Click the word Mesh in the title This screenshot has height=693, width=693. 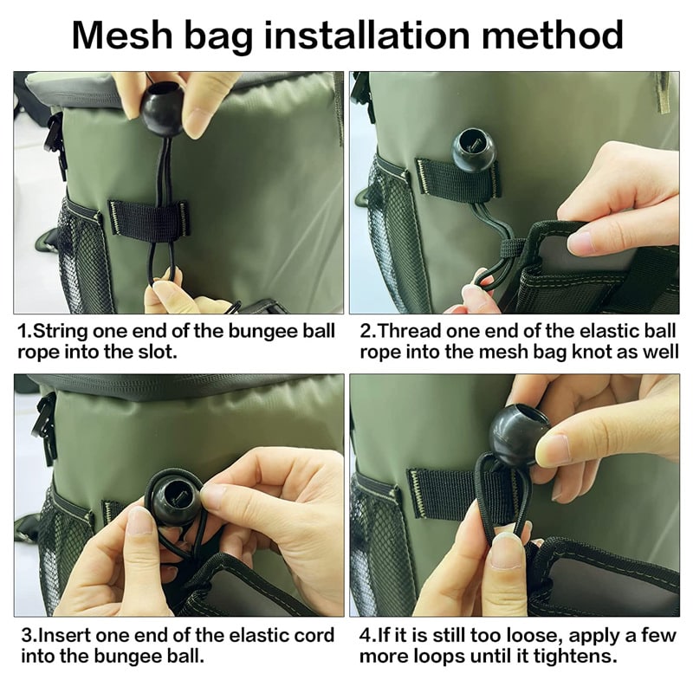(122, 35)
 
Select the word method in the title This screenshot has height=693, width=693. (553, 35)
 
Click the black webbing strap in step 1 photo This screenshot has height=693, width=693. (149, 220)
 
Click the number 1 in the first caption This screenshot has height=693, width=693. (23, 331)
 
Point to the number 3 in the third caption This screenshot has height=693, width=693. (28, 636)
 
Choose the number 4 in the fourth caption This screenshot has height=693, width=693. (366, 636)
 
